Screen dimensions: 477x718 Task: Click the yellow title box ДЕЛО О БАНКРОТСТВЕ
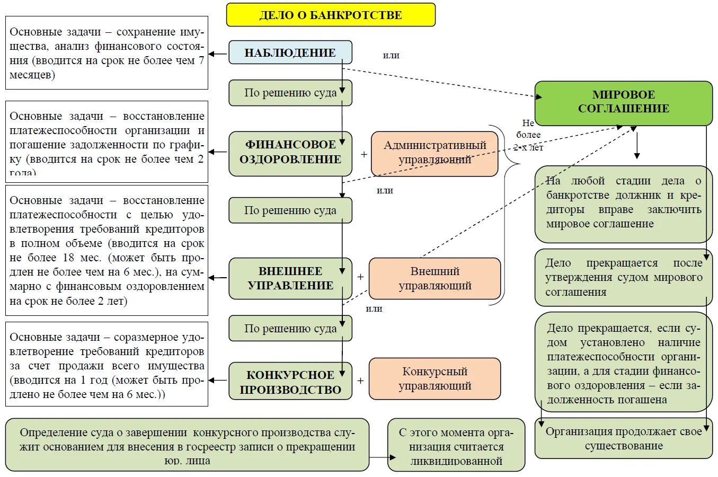[x=331, y=15]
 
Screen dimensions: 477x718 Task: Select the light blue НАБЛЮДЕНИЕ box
[x=290, y=52]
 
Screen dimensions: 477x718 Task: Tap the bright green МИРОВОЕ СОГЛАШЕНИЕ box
[x=623, y=102]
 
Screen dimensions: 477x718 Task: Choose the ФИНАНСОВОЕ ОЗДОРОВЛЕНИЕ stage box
[x=290, y=153]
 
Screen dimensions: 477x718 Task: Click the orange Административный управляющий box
[x=435, y=153]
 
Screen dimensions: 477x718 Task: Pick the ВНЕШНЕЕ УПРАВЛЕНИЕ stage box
[x=290, y=278]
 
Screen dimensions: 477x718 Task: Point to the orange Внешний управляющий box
[x=435, y=278]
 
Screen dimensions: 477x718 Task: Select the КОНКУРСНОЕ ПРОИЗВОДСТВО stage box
[x=290, y=382]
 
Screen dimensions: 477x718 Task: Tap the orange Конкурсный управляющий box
[x=435, y=378]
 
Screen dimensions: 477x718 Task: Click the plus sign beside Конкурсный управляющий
[x=360, y=381]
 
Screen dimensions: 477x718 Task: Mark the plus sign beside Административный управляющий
[x=364, y=154]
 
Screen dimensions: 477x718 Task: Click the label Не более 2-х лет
[x=528, y=135]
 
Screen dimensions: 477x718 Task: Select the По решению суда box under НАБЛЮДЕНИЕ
[x=290, y=93]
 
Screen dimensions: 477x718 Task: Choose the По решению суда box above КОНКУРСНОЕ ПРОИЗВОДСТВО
[x=290, y=329]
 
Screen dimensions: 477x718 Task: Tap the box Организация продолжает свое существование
[x=623, y=439]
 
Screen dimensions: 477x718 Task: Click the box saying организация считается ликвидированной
[x=456, y=446]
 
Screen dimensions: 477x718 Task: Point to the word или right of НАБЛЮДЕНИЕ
[x=391, y=56]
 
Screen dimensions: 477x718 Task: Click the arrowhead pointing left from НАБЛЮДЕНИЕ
[x=211, y=54]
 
